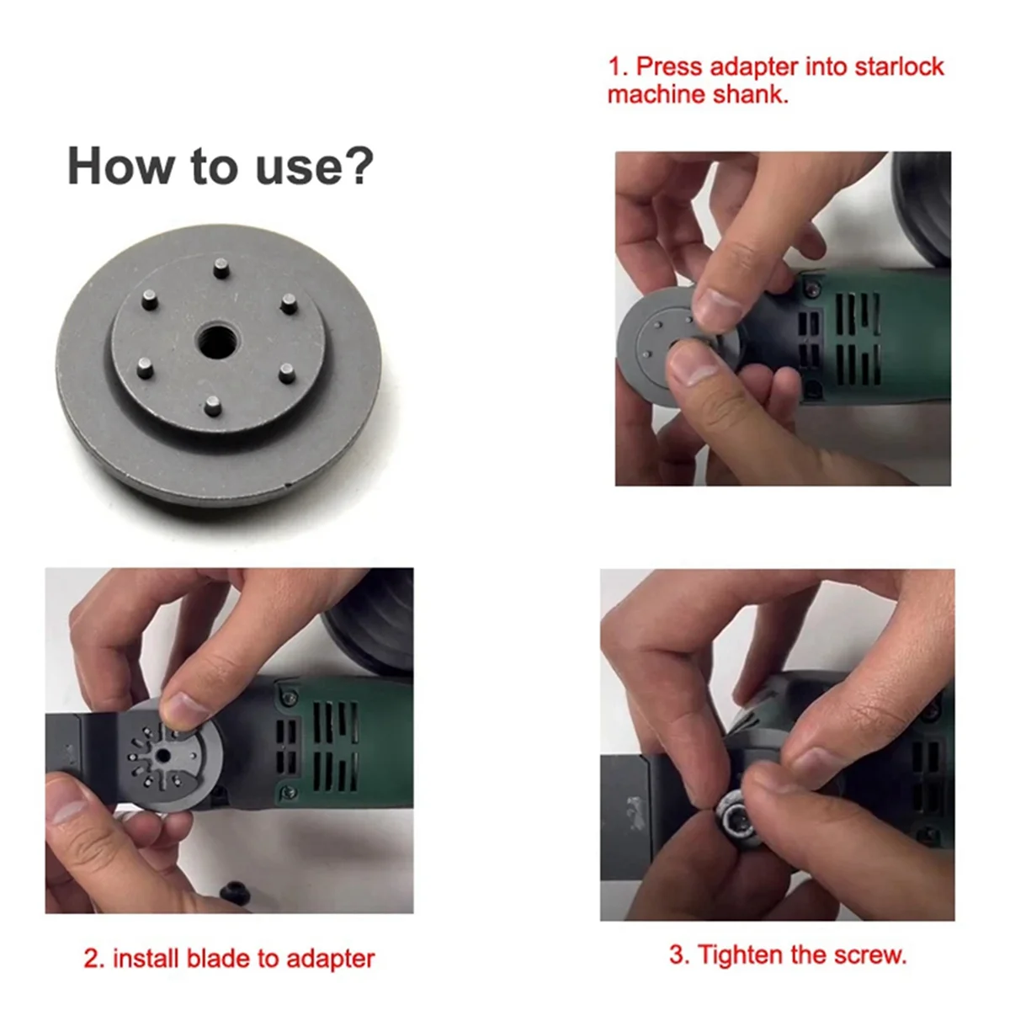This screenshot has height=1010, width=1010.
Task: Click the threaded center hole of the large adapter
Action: click(x=216, y=341)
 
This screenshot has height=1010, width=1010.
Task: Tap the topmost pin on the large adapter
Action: click(x=221, y=268)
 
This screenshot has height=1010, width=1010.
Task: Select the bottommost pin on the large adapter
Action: click(x=213, y=406)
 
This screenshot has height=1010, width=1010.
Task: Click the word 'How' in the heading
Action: click(x=120, y=166)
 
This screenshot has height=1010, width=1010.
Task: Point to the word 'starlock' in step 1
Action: click(x=898, y=67)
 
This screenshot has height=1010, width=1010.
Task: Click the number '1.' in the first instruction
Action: click(x=618, y=67)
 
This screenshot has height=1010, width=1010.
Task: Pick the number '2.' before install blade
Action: click(x=94, y=959)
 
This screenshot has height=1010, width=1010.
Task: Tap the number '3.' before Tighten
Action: click(x=681, y=955)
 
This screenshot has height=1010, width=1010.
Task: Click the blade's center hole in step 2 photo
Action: click(x=163, y=756)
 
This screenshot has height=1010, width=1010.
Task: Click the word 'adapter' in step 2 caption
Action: click(x=331, y=959)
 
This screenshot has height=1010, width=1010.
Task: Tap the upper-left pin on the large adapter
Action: click(x=149, y=300)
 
